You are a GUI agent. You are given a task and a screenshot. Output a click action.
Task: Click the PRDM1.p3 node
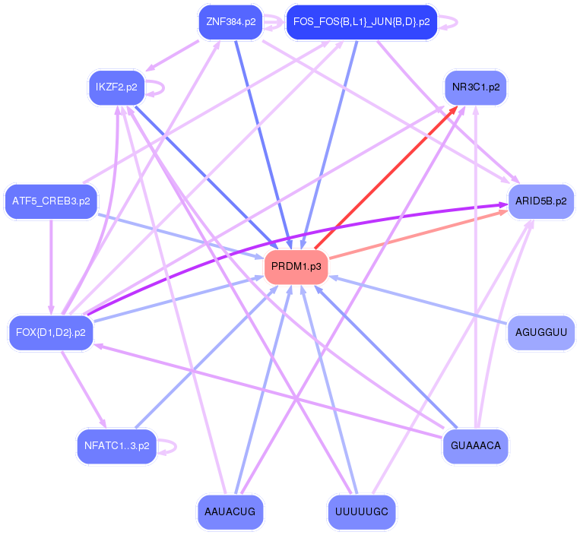coord(296,267)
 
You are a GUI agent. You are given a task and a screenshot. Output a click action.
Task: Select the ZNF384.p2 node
coord(230,22)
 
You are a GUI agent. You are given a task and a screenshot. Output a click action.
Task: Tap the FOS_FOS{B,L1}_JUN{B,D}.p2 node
coord(361,22)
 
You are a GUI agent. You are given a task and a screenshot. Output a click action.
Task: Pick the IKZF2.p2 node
coord(116,87)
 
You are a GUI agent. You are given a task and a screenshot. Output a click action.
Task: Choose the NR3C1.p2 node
coord(475,87)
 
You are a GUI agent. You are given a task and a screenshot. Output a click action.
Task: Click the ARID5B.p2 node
coord(540,201)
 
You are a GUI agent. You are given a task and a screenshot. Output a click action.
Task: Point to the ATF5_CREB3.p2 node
coord(51,201)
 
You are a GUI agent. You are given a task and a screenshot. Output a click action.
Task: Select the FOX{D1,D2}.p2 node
coord(51,332)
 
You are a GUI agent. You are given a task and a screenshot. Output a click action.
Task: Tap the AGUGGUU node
coord(540,332)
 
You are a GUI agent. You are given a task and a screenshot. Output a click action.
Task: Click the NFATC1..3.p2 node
coord(116,446)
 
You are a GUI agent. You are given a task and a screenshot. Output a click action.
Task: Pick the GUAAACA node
coord(475,446)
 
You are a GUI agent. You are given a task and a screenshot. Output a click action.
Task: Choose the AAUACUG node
coord(230,511)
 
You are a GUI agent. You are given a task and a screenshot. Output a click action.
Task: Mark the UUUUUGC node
coord(361,511)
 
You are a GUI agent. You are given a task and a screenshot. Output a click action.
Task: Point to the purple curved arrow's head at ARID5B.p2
coord(502,204)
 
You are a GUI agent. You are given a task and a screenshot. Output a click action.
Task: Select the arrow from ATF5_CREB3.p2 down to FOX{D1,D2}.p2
coord(51,266)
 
